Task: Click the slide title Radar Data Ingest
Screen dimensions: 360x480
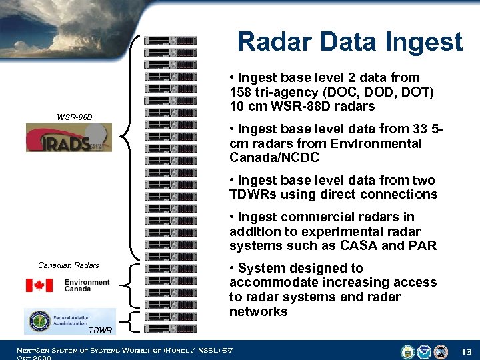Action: click(x=349, y=42)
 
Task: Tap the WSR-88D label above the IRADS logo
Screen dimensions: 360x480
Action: click(x=75, y=117)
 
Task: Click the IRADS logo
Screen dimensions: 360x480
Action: click(x=69, y=138)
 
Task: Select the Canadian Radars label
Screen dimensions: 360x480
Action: click(x=69, y=265)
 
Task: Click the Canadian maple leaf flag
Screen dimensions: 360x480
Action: click(x=39, y=285)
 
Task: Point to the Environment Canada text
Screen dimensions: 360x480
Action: click(x=87, y=286)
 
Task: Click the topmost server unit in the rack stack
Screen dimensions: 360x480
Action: click(x=170, y=41)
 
